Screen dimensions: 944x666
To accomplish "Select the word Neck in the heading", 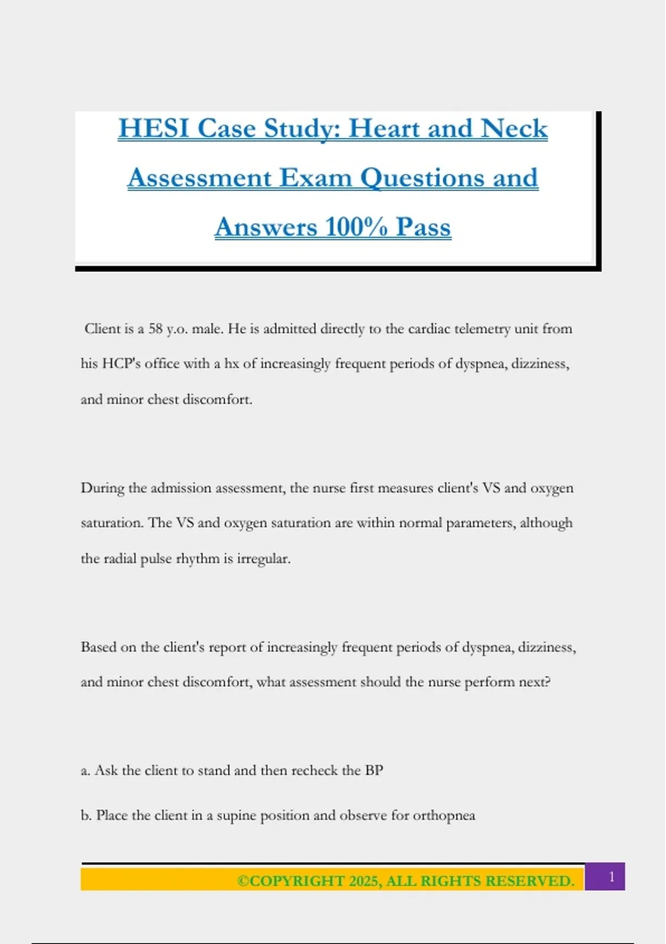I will tap(514, 128).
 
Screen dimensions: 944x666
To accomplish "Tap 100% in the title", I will tap(356, 227).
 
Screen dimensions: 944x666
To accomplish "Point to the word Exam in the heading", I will tap(315, 178).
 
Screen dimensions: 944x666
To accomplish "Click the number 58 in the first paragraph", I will tap(156, 329).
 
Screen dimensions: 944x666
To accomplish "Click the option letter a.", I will tap(85, 771).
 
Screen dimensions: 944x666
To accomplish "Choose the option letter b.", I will tap(85, 816).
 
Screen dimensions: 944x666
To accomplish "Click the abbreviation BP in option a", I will tap(374, 771).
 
